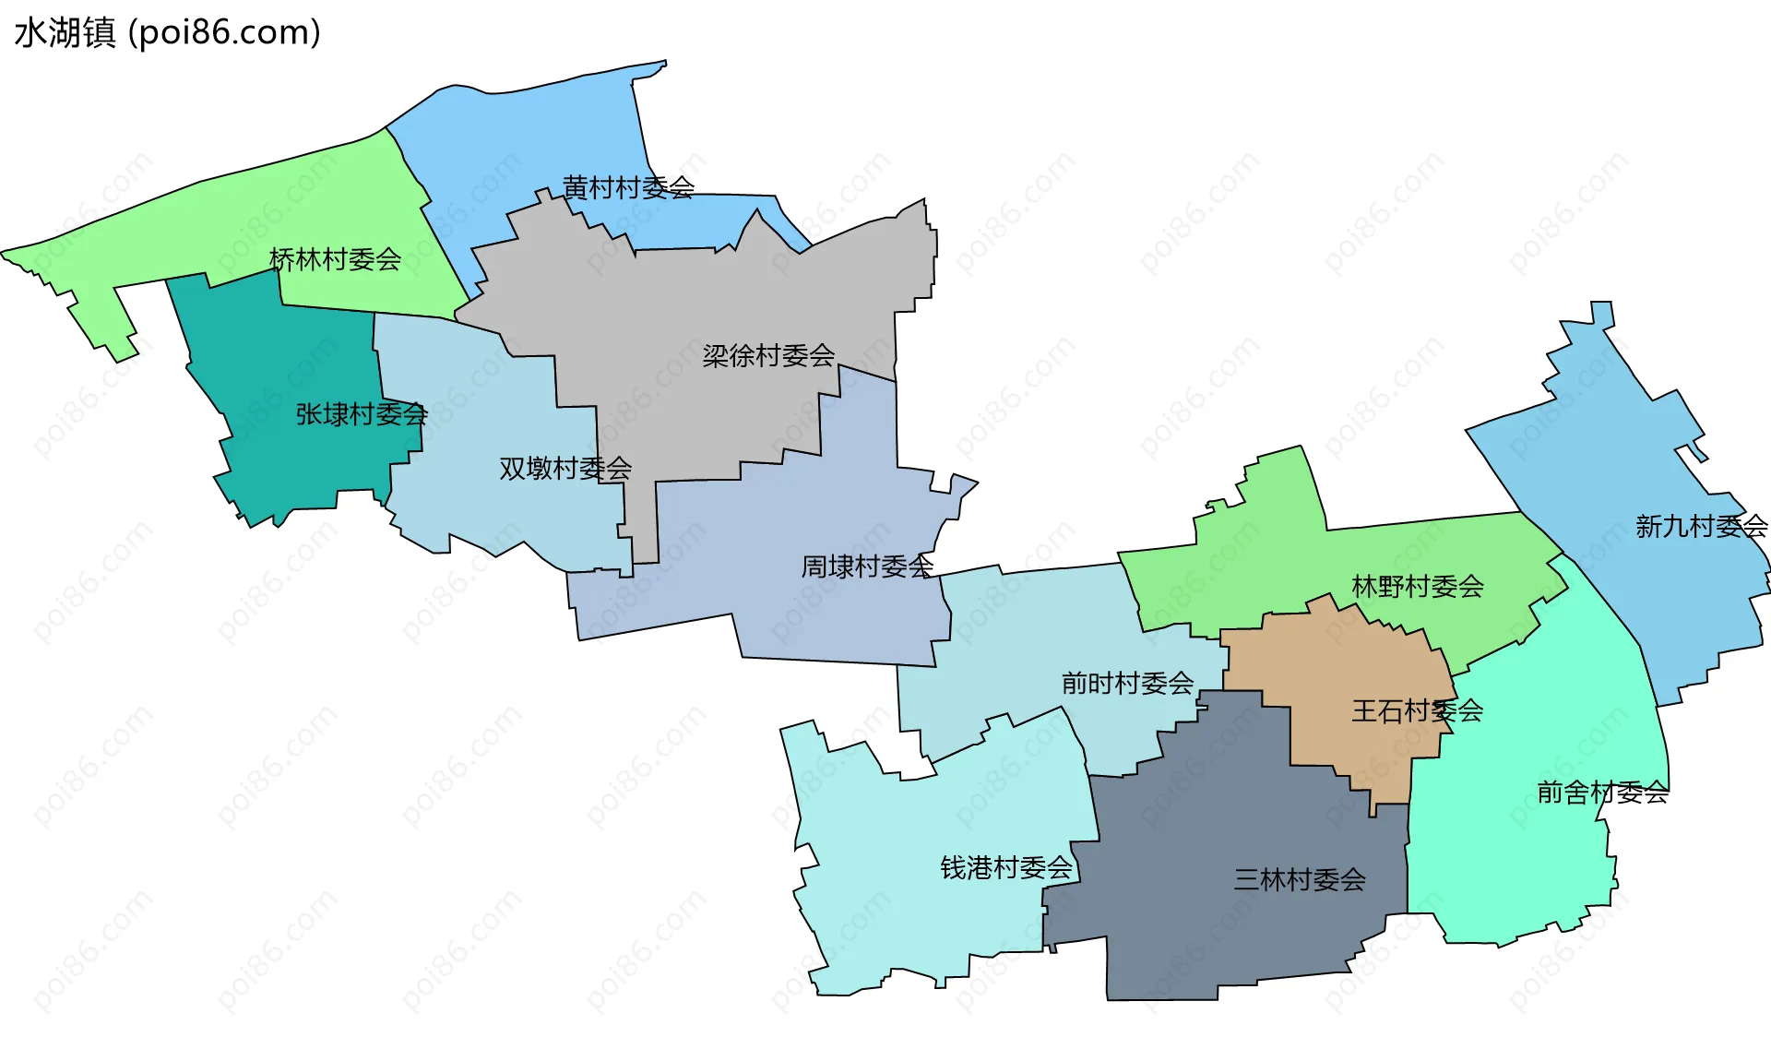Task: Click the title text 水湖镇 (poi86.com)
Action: pyautogui.click(x=167, y=33)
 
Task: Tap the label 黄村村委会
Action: pyautogui.click(x=628, y=188)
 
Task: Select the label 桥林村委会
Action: pyautogui.click(x=335, y=260)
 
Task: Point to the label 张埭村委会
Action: pyautogui.click(x=362, y=414)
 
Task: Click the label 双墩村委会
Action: pyautogui.click(x=565, y=469)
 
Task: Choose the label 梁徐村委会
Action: pyautogui.click(x=768, y=356)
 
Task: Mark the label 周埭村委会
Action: pyautogui.click(x=867, y=566)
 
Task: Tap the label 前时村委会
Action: pyautogui.click(x=1127, y=684)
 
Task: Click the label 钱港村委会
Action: pyautogui.click(x=1006, y=868)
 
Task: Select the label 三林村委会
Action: pyautogui.click(x=1300, y=880)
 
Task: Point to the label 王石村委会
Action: pyautogui.click(x=1417, y=711)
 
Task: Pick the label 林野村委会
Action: pyautogui.click(x=1418, y=587)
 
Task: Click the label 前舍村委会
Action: pyautogui.click(x=1602, y=793)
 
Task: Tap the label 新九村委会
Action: pyautogui.click(x=1701, y=527)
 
